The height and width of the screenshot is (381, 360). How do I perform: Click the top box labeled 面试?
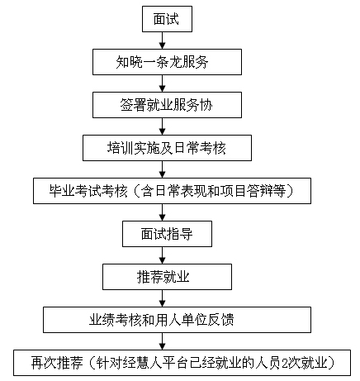coord(167,19)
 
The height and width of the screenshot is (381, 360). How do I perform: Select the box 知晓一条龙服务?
coord(167,62)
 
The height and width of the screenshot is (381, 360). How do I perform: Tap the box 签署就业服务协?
coord(167,105)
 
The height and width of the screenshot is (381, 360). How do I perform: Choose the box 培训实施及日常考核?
coord(167,148)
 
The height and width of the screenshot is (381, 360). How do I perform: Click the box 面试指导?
coord(167,234)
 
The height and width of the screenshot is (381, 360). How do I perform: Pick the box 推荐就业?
coord(167,277)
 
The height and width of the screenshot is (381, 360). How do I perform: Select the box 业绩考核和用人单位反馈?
coord(177,320)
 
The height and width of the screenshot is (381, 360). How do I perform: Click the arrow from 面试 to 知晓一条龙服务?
coord(163,40)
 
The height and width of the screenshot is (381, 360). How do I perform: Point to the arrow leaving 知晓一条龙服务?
coord(163,83)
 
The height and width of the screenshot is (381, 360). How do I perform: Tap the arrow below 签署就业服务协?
coord(163,126)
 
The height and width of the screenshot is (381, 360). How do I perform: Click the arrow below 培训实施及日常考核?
coord(163,169)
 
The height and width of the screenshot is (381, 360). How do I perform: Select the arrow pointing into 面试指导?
coord(163,212)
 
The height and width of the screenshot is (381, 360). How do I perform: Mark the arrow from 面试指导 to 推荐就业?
coord(163,255)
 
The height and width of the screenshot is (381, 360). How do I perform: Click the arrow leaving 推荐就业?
coord(163,298)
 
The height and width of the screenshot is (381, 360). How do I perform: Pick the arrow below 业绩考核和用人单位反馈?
coord(163,341)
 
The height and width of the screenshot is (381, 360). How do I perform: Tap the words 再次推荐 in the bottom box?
coord(57,363)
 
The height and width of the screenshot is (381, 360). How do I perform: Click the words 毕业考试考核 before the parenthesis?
coord(88,191)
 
